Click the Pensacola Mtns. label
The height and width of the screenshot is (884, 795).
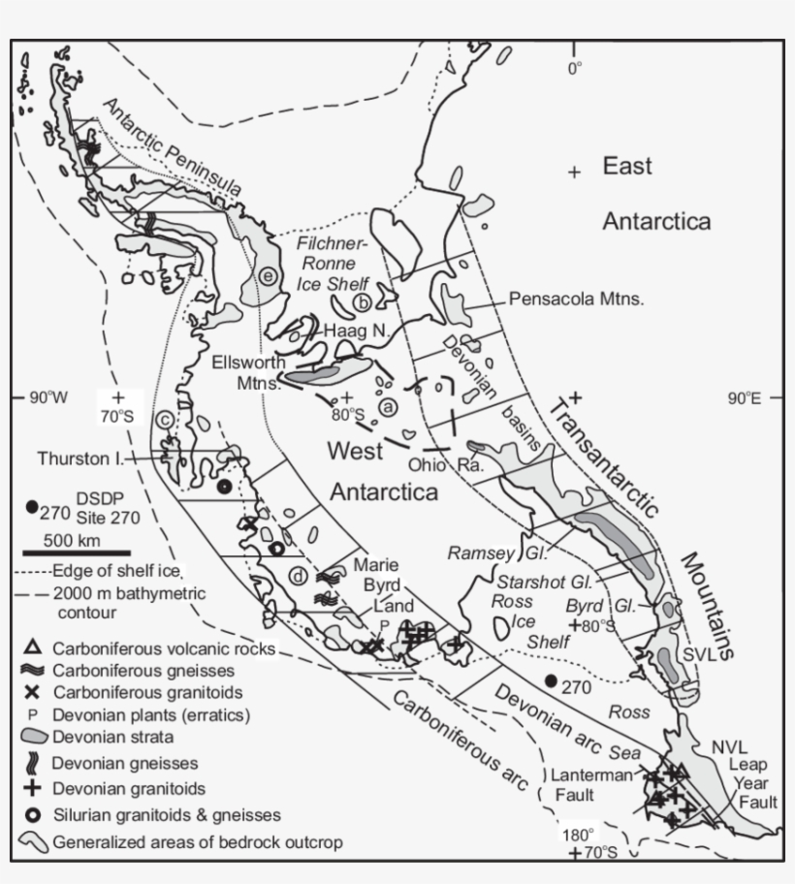577,299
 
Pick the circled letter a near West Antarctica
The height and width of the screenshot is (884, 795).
388,407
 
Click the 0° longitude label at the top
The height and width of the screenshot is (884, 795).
575,68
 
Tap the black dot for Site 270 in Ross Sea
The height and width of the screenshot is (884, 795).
552,681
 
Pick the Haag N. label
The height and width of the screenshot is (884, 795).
356,331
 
